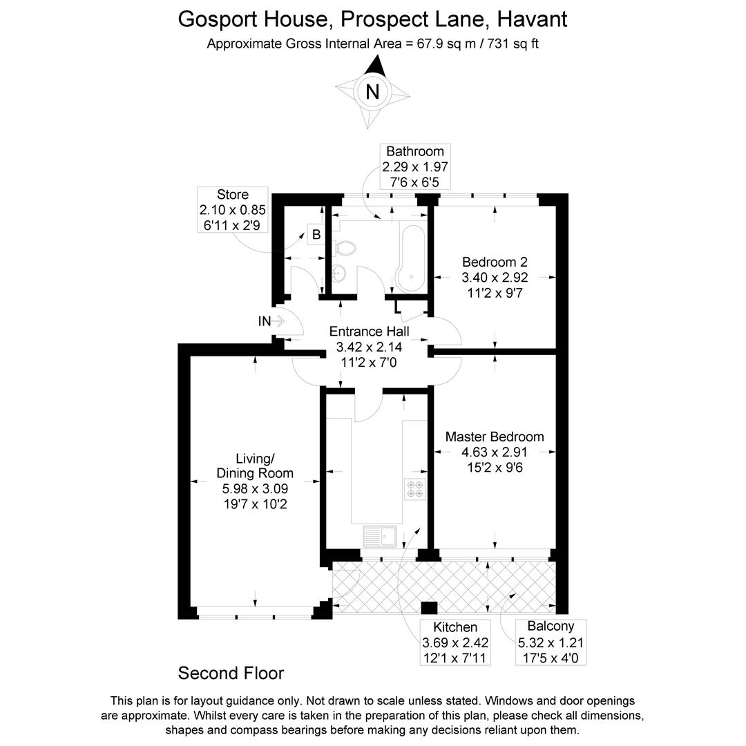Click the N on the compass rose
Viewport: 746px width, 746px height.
point(372,91)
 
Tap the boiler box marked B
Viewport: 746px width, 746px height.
point(316,234)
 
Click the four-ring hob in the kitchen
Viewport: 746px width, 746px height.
point(415,489)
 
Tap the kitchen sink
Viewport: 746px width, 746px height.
point(379,535)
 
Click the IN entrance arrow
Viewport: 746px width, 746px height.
point(271,321)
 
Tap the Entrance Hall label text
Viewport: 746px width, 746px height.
point(369,332)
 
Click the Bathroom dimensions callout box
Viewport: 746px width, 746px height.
point(414,166)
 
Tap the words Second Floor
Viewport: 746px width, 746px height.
point(231,673)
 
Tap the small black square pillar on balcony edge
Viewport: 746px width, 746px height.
point(430,608)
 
